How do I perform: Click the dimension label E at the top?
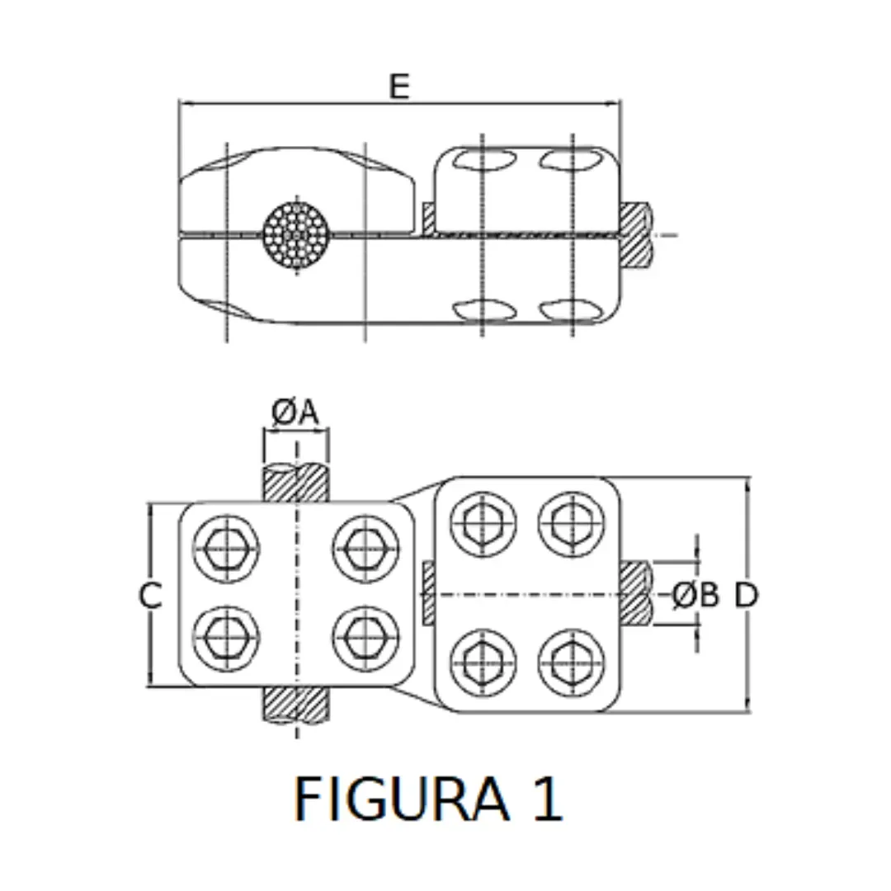coord(399,87)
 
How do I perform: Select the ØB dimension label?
coord(695,594)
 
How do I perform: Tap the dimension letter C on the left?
coord(150,595)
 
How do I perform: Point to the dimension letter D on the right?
coord(746,595)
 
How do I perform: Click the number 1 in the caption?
coord(547,799)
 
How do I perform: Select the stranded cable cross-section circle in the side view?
coord(296,234)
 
